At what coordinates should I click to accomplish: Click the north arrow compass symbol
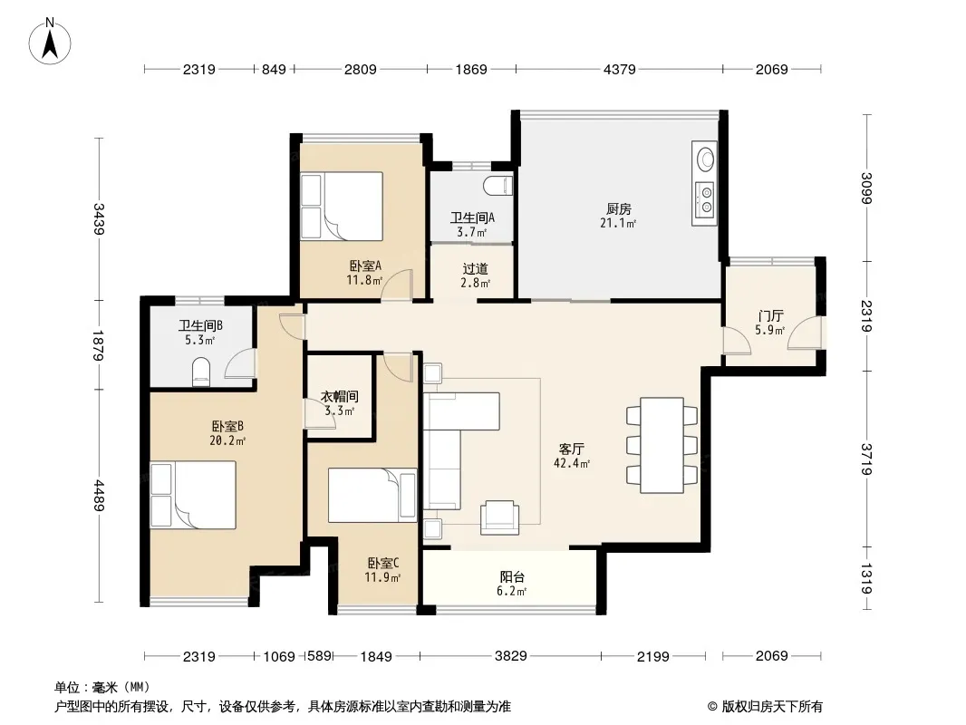point(50,42)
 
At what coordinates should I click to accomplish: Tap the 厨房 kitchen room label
point(619,209)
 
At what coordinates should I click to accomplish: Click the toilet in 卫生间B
point(201,372)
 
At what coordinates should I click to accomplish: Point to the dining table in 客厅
point(662,445)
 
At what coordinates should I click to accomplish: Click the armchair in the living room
point(499,517)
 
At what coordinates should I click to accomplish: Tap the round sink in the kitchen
point(705,159)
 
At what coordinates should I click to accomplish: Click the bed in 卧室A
point(342,207)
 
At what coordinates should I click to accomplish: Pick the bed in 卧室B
point(193,495)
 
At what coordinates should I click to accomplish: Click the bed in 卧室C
point(372,495)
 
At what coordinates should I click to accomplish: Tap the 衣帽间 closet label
point(340,397)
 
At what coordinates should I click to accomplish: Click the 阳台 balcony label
point(512,577)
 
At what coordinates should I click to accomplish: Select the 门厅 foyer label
point(770,316)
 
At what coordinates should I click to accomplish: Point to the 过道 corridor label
point(475,268)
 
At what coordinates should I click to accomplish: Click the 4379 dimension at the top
point(619,70)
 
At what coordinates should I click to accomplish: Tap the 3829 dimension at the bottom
point(511,656)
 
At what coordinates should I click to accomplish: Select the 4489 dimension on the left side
point(99,496)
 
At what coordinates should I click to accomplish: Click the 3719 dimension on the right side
point(867,459)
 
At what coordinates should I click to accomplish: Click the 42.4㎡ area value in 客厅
point(572,464)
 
